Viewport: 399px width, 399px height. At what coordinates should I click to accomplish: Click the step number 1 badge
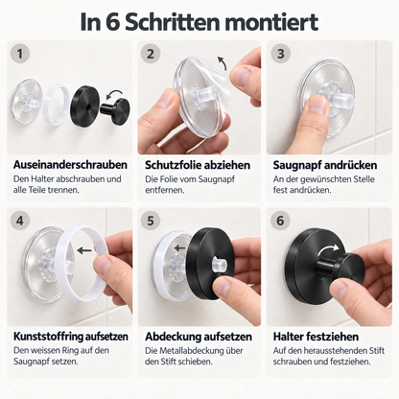point(20,54)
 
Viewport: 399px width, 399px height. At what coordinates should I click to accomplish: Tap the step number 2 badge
point(151,54)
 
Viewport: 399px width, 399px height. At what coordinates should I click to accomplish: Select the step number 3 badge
point(280,54)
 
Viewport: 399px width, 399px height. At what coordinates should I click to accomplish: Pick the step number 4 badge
point(20,221)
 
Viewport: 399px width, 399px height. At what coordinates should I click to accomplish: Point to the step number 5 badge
point(151,221)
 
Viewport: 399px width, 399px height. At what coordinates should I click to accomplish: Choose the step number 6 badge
point(280,221)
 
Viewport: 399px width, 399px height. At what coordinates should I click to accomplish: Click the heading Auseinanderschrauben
point(70,165)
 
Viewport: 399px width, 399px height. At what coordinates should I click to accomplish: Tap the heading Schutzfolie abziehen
point(198,165)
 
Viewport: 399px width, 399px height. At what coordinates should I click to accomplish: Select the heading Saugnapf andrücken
point(325,165)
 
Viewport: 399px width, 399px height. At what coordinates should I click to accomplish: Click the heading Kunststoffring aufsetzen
point(71,337)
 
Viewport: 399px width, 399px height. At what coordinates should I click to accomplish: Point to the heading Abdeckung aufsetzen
point(199,337)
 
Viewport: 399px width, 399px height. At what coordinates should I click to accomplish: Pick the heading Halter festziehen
point(316,337)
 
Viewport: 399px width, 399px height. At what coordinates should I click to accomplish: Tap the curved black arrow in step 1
point(114,94)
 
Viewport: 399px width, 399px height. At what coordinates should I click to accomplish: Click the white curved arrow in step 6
point(328,250)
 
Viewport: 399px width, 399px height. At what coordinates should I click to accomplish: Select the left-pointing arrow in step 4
point(84,250)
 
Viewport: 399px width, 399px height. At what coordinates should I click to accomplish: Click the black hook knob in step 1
point(115,108)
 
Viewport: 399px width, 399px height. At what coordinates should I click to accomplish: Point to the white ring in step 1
point(57,105)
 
